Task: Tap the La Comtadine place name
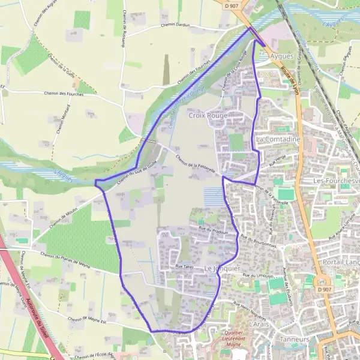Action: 277,139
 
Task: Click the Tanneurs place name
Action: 294,339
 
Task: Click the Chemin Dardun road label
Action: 175,25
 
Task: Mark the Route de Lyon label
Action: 289,79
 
